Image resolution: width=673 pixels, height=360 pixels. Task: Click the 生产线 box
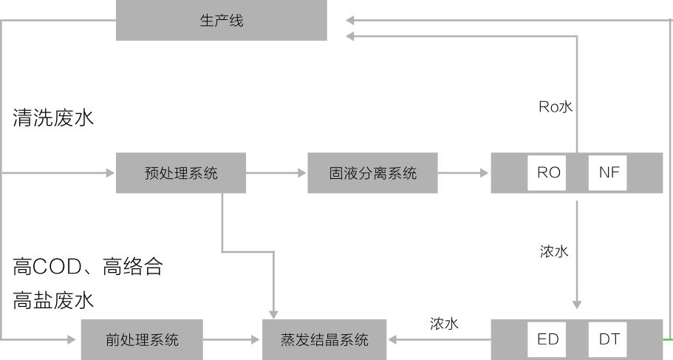pos(222,21)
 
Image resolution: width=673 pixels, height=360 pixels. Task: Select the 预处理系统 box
pos(181,173)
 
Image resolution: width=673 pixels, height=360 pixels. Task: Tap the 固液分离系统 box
pos(372,173)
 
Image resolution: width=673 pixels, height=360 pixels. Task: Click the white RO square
pos(548,173)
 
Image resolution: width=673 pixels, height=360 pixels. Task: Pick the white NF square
pos(609,173)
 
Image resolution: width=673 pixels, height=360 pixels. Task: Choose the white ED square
pos(548,339)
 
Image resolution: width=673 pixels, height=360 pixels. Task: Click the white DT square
pos(609,339)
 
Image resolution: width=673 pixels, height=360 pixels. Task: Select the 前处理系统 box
pos(142,340)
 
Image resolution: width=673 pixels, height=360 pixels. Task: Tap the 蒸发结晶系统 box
pos(324,340)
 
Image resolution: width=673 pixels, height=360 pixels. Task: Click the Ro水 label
pos(555,107)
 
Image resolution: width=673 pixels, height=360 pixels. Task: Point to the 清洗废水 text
pos(53,118)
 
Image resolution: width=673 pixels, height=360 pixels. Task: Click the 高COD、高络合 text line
pos(88,266)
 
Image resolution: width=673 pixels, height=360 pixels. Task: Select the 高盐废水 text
pos(53,300)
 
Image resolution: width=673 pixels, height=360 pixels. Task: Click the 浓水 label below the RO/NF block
pos(554,251)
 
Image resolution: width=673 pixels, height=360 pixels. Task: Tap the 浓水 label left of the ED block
pos(444,324)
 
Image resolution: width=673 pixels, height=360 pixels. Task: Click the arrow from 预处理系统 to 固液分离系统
pos(276,173)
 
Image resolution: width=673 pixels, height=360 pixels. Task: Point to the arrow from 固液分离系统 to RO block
pos(464,173)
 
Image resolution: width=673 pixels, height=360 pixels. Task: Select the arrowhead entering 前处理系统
pos(72,340)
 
